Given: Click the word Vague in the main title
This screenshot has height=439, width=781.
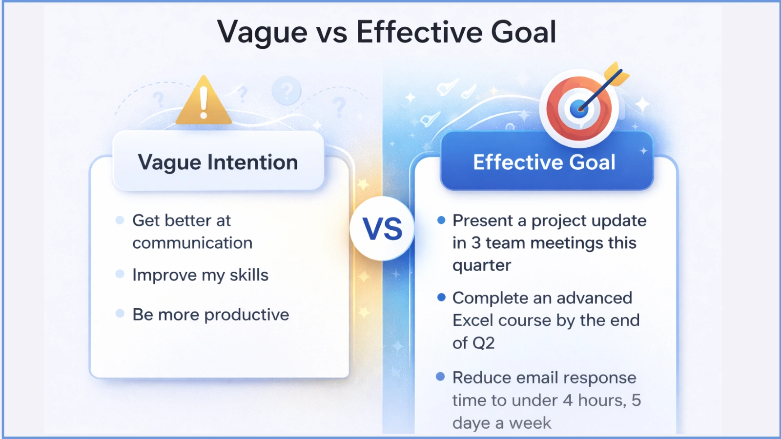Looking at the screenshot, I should (262, 32).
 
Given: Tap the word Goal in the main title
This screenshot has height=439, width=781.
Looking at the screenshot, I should (523, 32).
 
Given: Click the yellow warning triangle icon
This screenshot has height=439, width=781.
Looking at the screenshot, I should (204, 101).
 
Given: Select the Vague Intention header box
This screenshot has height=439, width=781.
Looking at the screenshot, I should (218, 162).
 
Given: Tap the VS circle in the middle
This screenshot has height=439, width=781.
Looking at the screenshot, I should (382, 228).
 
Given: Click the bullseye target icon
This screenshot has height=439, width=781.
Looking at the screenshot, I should (579, 108).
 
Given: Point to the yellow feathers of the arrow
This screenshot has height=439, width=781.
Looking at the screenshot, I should (617, 74).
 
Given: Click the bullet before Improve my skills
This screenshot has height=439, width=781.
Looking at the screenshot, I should (120, 274).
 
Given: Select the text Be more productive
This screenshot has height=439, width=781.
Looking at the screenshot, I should (210, 315).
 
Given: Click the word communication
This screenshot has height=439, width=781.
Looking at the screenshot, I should (192, 243).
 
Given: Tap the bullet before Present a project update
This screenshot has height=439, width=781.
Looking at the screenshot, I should (441, 220).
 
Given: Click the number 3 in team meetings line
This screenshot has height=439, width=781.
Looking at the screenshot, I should (475, 243).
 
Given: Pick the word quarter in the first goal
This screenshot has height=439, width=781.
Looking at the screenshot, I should (481, 265).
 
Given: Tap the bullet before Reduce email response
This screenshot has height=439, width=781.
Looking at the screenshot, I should (440, 377).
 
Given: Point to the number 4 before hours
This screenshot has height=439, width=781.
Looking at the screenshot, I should (567, 400).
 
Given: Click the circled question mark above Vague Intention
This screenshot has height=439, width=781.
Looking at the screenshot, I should (287, 90).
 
